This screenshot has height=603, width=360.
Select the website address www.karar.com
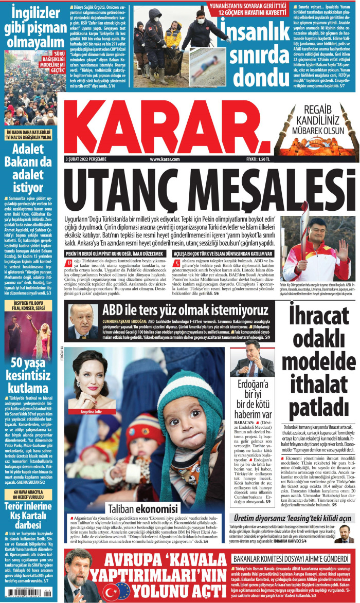point(165,160)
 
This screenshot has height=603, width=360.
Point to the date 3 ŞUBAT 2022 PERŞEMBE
point(86,160)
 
